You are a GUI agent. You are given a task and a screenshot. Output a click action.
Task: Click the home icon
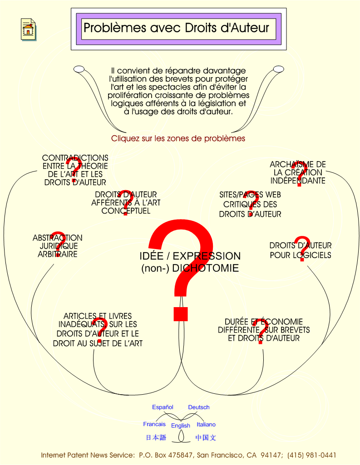tap(29, 29)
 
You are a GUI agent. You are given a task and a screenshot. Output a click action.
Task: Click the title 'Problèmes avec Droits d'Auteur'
tap(176, 28)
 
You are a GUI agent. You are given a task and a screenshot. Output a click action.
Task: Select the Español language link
tap(163, 407)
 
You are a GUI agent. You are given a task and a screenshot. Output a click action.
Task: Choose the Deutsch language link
tap(199, 407)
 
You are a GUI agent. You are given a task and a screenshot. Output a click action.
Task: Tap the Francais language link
tap(154, 424)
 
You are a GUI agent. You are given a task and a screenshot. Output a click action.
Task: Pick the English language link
tap(180, 426)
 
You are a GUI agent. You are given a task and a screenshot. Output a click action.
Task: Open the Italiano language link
tap(206, 424)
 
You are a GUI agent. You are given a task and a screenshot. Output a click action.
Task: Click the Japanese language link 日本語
tap(156, 437)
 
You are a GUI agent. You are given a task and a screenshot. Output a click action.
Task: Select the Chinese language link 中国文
tap(206, 437)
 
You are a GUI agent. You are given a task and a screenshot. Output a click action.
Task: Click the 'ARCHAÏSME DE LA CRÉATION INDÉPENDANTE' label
tap(298, 172)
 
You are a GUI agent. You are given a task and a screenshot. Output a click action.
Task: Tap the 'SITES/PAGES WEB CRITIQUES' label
tap(250, 204)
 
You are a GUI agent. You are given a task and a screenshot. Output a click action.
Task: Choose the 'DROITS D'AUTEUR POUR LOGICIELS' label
tap(301, 250)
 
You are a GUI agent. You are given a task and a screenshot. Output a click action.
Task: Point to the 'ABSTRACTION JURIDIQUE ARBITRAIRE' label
tap(58, 246)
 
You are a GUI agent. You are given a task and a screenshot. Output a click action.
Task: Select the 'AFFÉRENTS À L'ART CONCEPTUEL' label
tap(126, 202)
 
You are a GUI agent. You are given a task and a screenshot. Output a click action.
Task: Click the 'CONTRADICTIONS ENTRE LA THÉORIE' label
tap(75, 170)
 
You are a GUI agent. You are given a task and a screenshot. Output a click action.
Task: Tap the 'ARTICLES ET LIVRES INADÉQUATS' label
tap(98, 329)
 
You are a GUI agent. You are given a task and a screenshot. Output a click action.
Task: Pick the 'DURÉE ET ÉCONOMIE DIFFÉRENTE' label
tap(264, 330)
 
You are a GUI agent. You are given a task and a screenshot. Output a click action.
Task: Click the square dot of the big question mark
tap(181, 314)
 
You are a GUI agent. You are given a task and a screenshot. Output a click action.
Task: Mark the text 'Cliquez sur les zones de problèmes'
tap(178, 138)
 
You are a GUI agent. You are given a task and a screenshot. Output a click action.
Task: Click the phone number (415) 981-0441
tap(311, 455)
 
